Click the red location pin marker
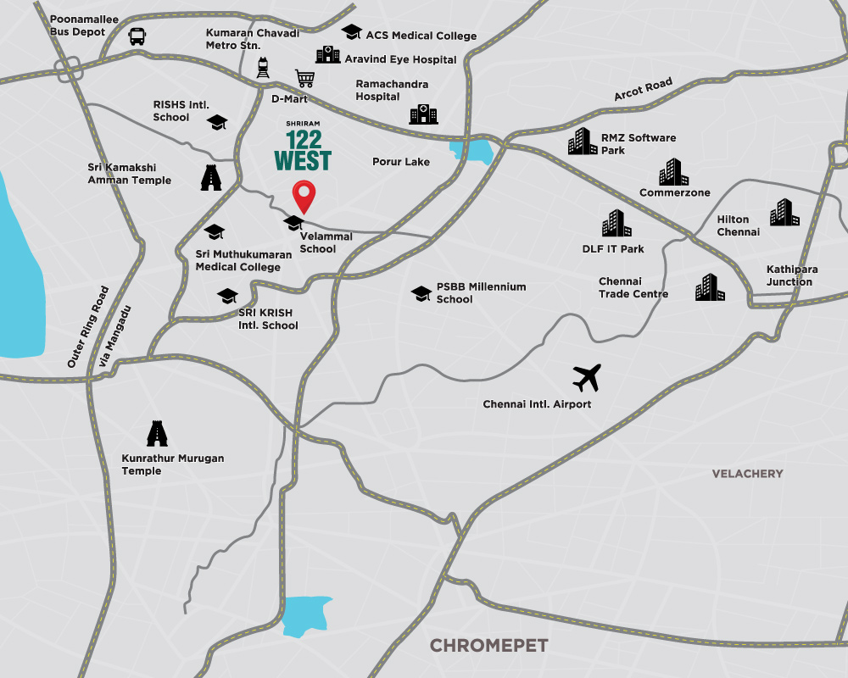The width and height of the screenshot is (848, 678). pyautogui.click(x=304, y=196)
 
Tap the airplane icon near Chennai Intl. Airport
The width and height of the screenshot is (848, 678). pyautogui.click(x=586, y=377)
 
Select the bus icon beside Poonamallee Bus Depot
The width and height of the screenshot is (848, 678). pyautogui.click(x=137, y=36)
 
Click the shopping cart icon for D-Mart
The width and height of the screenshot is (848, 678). pyautogui.click(x=304, y=79)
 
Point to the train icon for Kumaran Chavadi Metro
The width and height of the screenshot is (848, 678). pyautogui.click(x=264, y=67)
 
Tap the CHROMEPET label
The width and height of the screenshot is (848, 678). pyautogui.click(x=488, y=646)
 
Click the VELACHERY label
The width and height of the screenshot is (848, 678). pyautogui.click(x=747, y=474)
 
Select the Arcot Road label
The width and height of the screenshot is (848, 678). pyautogui.click(x=643, y=89)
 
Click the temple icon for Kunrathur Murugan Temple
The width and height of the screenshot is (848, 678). pyautogui.click(x=155, y=434)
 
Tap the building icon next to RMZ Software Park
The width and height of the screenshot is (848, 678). pyautogui.click(x=583, y=142)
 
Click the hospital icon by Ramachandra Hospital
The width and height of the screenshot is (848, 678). pyautogui.click(x=423, y=114)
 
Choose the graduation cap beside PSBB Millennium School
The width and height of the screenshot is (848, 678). pyautogui.click(x=421, y=293)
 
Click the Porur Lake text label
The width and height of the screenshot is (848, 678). pyautogui.click(x=401, y=162)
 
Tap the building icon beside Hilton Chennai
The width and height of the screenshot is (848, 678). pyautogui.click(x=784, y=214)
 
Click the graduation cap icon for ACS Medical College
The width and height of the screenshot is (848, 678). pyautogui.click(x=351, y=32)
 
